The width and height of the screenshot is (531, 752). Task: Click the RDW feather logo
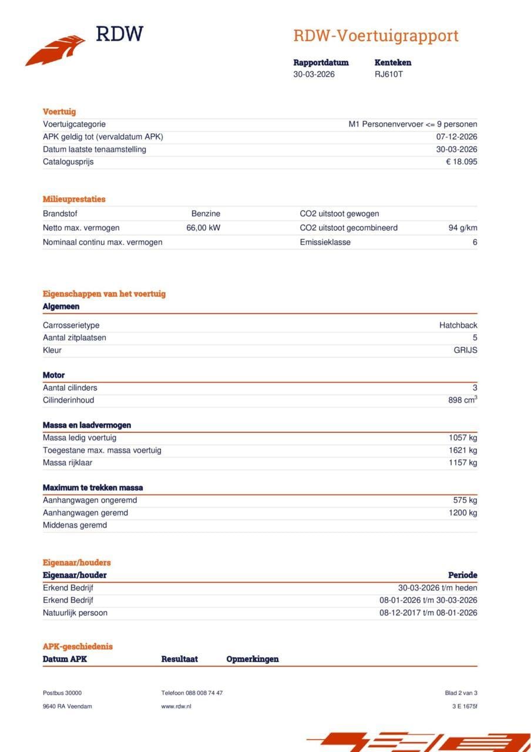tap(56, 51)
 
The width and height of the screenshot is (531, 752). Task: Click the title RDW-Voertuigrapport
tap(375, 36)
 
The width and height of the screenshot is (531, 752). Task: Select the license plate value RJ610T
tap(388, 74)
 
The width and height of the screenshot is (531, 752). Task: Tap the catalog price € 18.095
tap(461, 162)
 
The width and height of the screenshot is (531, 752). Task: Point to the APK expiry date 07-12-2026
tap(456, 137)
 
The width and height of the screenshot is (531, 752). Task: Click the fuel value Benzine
tap(206, 214)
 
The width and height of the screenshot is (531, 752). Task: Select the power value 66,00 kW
tap(203, 228)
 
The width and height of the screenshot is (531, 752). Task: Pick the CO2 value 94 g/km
tap(462, 228)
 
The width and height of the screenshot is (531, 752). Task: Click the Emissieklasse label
tap(325, 242)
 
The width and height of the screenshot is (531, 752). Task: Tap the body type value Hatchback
tap(458, 325)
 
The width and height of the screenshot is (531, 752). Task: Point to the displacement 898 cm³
tap(462, 400)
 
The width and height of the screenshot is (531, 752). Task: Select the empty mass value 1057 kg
tap(463, 438)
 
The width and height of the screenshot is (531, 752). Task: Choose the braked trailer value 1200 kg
tap(463, 513)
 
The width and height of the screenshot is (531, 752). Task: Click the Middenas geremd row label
tap(75, 525)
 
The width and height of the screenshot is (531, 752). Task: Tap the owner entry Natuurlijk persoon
tap(75, 613)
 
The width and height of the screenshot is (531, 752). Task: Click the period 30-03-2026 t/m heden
tap(437, 588)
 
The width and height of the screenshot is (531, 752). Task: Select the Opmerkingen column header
tap(252, 659)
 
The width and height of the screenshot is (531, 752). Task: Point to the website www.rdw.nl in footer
tap(176, 706)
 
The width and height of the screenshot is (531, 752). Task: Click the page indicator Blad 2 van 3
tap(461, 693)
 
